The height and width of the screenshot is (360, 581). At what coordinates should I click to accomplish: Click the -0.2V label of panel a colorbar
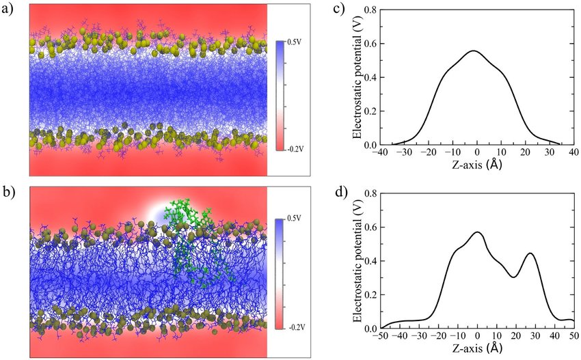tap(296, 147)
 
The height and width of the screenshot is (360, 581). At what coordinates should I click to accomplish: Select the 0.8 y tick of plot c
tap(370, 10)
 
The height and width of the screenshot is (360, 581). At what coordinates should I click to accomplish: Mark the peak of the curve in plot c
tap(472, 51)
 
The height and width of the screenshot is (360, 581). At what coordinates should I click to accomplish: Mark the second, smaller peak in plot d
tap(530, 253)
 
